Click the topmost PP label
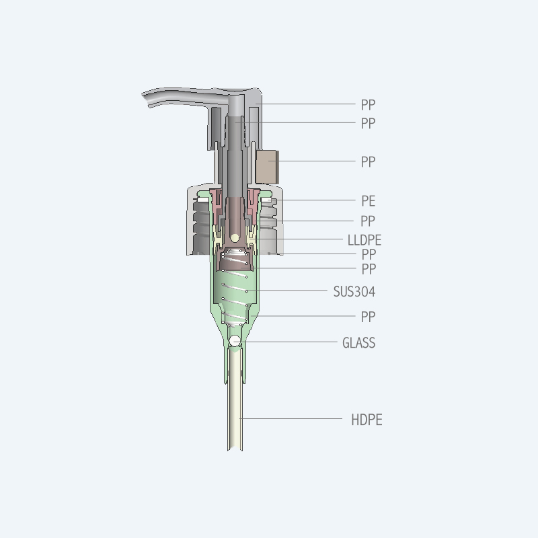click(x=368, y=105)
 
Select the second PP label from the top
click(x=368, y=123)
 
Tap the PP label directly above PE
click(x=368, y=161)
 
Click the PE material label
click(x=368, y=200)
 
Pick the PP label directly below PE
click(x=368, y=221)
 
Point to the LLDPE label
click(x=364, y=240)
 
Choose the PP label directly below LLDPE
click(x=369, y=254)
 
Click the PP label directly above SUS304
click(x=369, y=269)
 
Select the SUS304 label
click(x=354, y=292)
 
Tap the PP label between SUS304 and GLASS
click(x=368, y=317)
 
